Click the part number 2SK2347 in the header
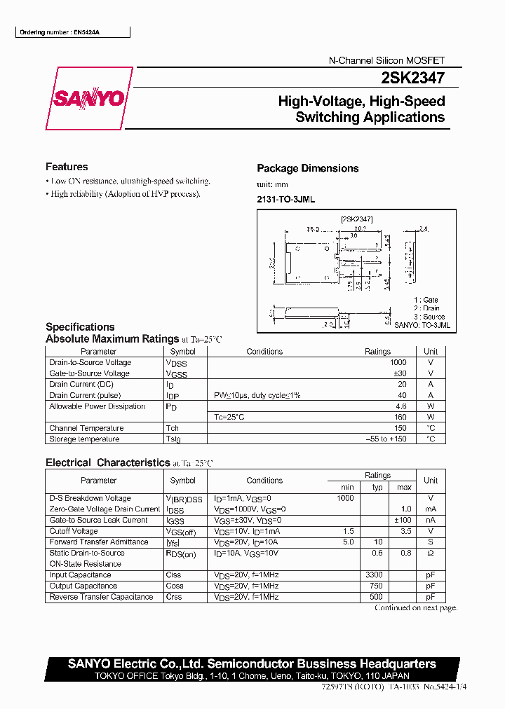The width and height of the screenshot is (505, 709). (416, 81)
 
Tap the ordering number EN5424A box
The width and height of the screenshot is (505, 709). (63, 32)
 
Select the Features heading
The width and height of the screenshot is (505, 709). (67, 167)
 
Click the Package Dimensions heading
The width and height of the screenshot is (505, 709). (307, 168)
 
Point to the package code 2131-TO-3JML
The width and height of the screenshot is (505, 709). (285, 200)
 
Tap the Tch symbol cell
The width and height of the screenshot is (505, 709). (173, 428)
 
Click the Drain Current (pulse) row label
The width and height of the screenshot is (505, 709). (82, 395)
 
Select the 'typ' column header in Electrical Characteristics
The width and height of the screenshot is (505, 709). (377, 487)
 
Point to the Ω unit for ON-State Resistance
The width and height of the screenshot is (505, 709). (431, 553)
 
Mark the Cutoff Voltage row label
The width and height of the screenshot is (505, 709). (74, 531)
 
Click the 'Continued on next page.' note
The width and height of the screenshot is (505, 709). (416, 608)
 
